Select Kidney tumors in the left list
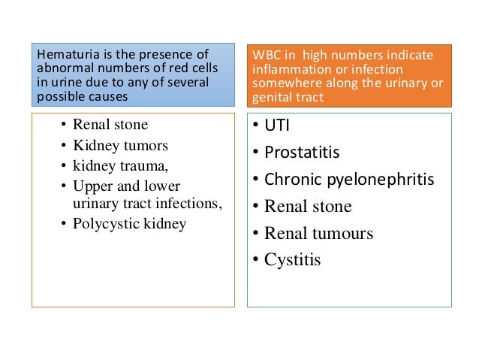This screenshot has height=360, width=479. coord(115,144)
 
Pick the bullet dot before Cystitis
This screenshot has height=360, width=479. coord(256,260)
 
